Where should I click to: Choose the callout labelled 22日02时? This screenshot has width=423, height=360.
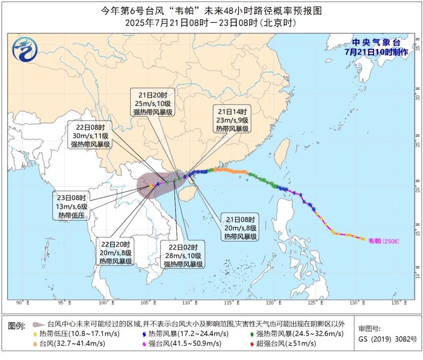pyautogui.click(x=183, y=255)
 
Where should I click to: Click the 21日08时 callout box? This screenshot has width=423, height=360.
pyautogui.click(x=240, y=228)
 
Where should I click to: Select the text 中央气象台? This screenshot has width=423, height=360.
pyautogui.click(x=376, y=43)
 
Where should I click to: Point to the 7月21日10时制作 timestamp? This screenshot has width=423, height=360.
pyautogui.click(x=376, y=52)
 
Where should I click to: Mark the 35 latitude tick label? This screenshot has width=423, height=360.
pyautogui.click(x=417, y=48)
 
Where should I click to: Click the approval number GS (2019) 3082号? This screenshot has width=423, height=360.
pyautogui.click(x=387, y=339)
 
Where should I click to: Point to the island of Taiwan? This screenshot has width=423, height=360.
pyautogui.click(x=282, y=153)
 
